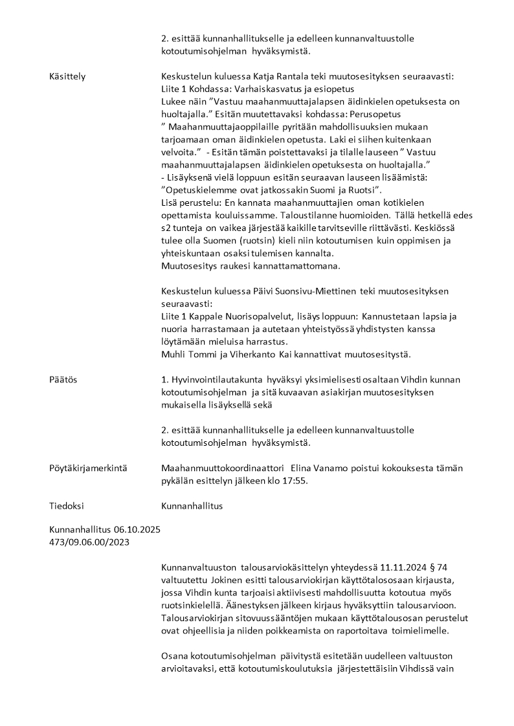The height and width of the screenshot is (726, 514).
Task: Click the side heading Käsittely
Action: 67,76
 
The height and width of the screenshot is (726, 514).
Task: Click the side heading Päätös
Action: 63,379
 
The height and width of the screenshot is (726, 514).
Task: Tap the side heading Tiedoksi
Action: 67,506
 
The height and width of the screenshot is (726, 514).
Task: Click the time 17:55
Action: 295,481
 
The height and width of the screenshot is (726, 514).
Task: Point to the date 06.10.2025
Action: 137,529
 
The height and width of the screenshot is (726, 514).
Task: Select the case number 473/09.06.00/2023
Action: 89,542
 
